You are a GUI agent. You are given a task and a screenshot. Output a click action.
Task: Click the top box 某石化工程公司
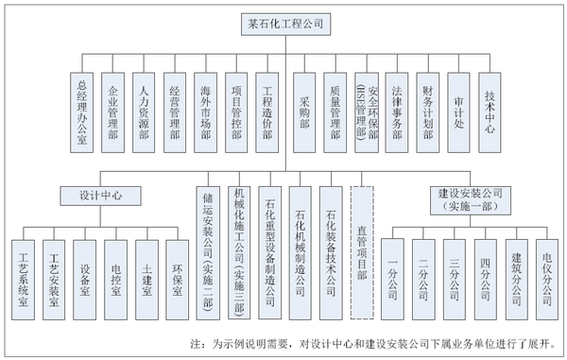click(283, 26)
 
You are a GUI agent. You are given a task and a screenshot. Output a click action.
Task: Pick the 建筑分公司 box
click(517, 270)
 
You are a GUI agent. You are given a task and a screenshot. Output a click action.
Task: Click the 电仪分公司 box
click(547, 270)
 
